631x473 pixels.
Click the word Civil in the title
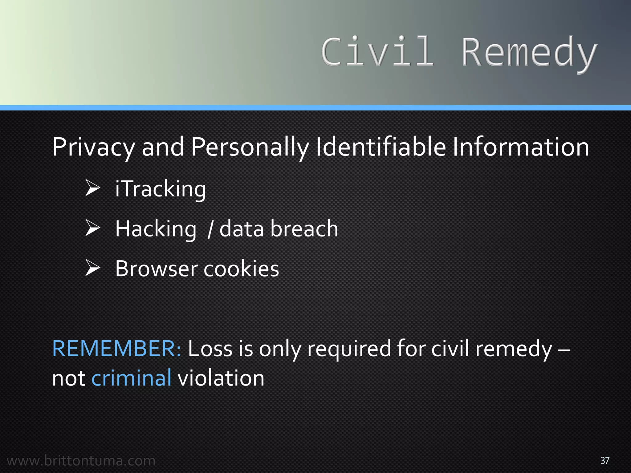pos(377,52)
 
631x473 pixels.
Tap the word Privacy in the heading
pos(93,147)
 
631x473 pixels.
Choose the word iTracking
pos(160,189)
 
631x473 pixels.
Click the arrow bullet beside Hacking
pos(92,228)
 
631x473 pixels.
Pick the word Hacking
pos(156,229)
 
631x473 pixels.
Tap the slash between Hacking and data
pos(210,229)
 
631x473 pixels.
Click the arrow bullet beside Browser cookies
pos(92,268)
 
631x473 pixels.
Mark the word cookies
pos(241,269)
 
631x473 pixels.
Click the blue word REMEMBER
pos(117,349)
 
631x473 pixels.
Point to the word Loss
pos(210,349)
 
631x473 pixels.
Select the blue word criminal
pos(132,378)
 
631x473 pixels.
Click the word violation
pos(221,378)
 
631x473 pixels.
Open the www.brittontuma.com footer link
pos(81,461)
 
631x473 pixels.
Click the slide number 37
pos(605,460)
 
